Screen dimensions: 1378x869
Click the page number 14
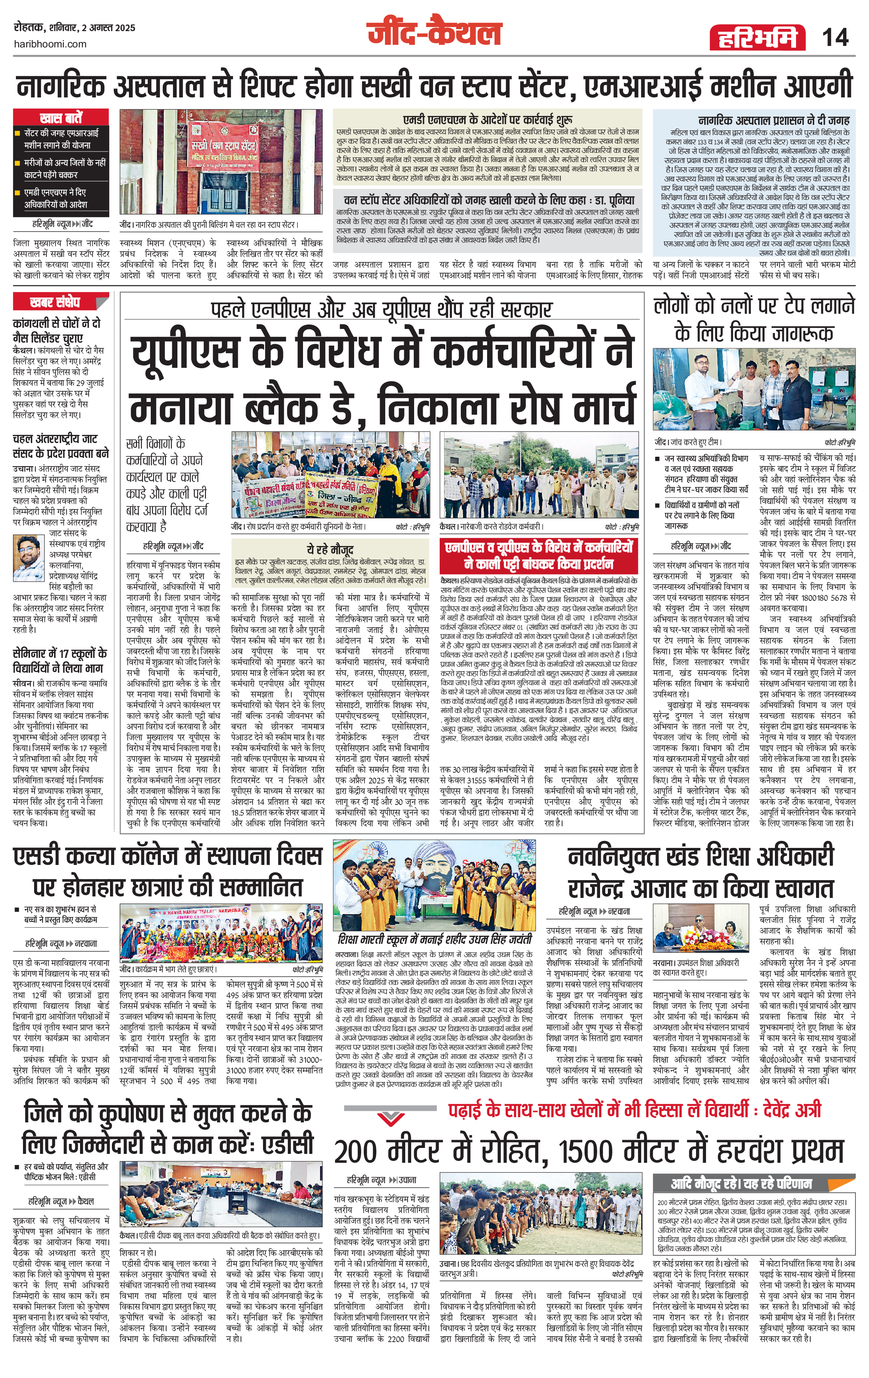[x=835, y=38]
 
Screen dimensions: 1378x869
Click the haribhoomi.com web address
[x=50, y=44]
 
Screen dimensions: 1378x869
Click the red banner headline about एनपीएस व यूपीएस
[x=539, y=555]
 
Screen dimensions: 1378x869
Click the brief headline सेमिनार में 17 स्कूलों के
[x=60, y=653]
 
